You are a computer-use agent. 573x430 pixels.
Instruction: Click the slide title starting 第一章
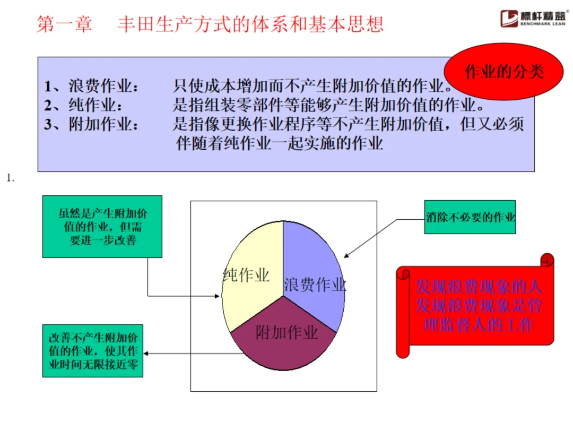pyautogui.click(x=210, y=24)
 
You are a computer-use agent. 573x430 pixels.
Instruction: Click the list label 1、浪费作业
pyautogui.click(x=93, y=87)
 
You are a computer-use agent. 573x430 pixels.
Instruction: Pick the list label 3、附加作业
pyautogui.click(x=93, y=125)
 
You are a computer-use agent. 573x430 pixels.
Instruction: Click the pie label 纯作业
pyautogui.click(x=246, y=275)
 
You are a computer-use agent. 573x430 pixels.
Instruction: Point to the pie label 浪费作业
pyautogui.click(x=315, y=285)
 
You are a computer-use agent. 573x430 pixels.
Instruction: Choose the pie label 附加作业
pyautogui.click(x=286, y=333)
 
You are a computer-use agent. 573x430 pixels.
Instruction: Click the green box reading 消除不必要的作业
pyautogui.click(x=470, y=217)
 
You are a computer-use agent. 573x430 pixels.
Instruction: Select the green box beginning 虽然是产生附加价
pyautogui.click(x=102, y=227)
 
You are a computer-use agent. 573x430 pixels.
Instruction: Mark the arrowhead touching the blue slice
pyautogui.click(x=345, y=257)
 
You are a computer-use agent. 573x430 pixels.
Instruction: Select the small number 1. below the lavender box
pyautogui.click(x=10, y=178)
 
